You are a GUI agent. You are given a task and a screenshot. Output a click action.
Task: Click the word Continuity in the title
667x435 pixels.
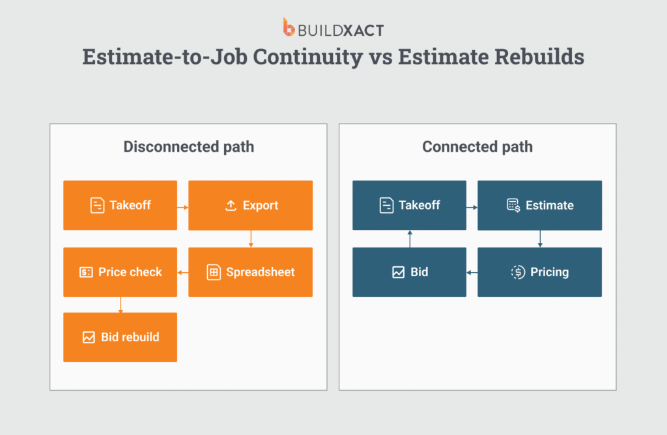(x=307, y=57)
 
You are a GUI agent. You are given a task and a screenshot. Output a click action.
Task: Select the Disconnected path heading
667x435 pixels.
(x=188, y=147)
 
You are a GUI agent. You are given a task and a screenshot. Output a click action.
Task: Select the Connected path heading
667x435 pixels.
(x=477, y=147)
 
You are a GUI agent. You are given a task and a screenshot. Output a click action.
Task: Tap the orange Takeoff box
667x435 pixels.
(x=120, y=205)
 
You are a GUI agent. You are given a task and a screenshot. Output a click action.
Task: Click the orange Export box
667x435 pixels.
(x=250, y=205)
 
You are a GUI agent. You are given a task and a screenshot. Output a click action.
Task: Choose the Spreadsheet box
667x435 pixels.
(x=250, y=272)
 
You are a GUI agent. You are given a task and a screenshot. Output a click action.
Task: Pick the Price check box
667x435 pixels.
(x=120, y=272)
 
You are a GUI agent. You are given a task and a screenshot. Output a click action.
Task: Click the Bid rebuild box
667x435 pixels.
(x=120, y=337)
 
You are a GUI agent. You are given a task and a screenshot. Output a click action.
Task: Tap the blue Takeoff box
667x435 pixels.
(x=409, y=205)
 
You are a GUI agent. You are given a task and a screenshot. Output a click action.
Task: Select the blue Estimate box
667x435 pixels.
(x=539, y=205)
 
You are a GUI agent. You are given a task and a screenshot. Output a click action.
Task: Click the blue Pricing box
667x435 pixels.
(x=539, y=272)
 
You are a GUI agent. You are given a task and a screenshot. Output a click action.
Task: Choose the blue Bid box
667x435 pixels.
(x=409, y=272)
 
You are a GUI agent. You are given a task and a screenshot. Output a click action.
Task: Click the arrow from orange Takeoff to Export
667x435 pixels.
(x=182, y=207)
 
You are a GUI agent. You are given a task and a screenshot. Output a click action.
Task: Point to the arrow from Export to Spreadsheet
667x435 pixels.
(x=251, y=239)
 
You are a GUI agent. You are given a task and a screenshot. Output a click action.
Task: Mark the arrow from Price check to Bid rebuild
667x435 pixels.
(x=121, y=305)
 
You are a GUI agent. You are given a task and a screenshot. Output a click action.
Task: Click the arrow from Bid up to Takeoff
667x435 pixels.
(x=410, y=239)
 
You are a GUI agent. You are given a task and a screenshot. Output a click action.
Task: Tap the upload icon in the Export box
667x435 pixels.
(x=230, y=206)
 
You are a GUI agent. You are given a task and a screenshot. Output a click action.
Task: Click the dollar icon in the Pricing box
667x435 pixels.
(x=518, y=272)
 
